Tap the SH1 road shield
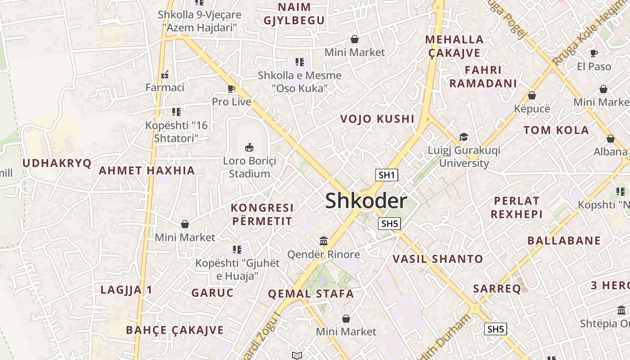coord(387,175)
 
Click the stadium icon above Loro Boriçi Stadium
coord(249,147)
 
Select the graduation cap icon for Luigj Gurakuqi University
coord(463,137)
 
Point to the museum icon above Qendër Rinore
coord(324,241)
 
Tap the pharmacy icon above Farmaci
coord(165,74)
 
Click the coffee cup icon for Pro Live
coord(231,89)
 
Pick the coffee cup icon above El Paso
coord(594,53)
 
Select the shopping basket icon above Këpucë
coord(531,95)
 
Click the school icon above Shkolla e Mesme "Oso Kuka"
coord(300,62)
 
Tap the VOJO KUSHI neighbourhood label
coord(377,119)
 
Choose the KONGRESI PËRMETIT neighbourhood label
coord(262,215)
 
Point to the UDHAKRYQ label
coord(57,163)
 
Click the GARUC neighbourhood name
coord(212,293)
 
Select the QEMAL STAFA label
coord(311,294)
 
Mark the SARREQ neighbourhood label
coord(497,288)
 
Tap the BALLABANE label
coord(564,241)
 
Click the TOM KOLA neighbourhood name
coord(556,130)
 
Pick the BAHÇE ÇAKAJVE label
coord(175,330)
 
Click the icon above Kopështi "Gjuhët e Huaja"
coord(237,249)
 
